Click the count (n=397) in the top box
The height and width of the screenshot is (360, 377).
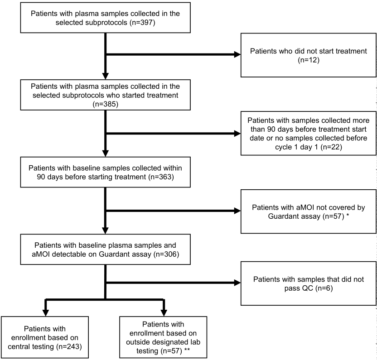pos(142,23)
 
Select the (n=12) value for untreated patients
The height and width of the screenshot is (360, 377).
pos(309,60)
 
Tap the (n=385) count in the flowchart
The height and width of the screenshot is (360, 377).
pos(105,104)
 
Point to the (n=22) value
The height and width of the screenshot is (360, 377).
pos(331,147)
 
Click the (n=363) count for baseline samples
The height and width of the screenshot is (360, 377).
pos(161,177)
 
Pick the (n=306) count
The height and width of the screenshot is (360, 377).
pos(166,254)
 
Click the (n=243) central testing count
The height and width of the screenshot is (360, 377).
pos(69,347)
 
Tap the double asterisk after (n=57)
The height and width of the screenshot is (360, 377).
pos(187,350)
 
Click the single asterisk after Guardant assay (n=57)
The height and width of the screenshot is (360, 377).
pos(348,215)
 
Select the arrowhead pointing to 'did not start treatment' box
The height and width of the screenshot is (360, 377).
pos(237,54)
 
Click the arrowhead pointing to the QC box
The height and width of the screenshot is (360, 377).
pos(237,283)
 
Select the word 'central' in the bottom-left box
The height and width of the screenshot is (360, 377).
pos(19,347)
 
